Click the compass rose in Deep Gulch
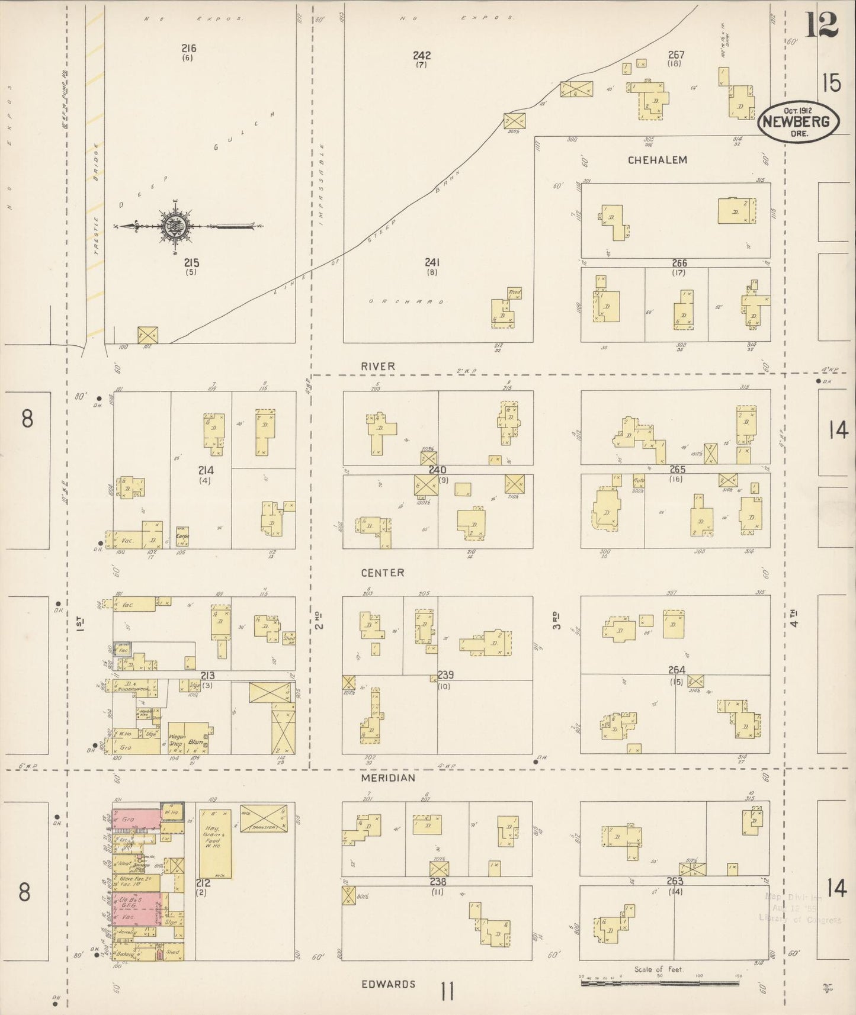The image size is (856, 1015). coord(175,226)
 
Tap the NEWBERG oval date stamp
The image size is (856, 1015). coord(798,122)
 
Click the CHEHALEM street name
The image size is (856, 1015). coord(657,160)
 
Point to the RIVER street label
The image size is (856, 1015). coord(378,367)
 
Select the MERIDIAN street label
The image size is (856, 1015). coord(388,778)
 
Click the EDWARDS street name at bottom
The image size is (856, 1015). coord(388,984)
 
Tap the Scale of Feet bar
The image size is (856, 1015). coord(659,982)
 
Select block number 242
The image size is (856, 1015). coord(422,56)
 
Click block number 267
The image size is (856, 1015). coord(675,55)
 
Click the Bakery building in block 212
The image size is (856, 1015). coord(126,954)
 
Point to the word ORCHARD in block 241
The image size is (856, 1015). coord(406,301)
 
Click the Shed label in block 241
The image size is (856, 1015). coord(514,293)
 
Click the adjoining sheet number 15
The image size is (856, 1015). coord(831,83)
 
